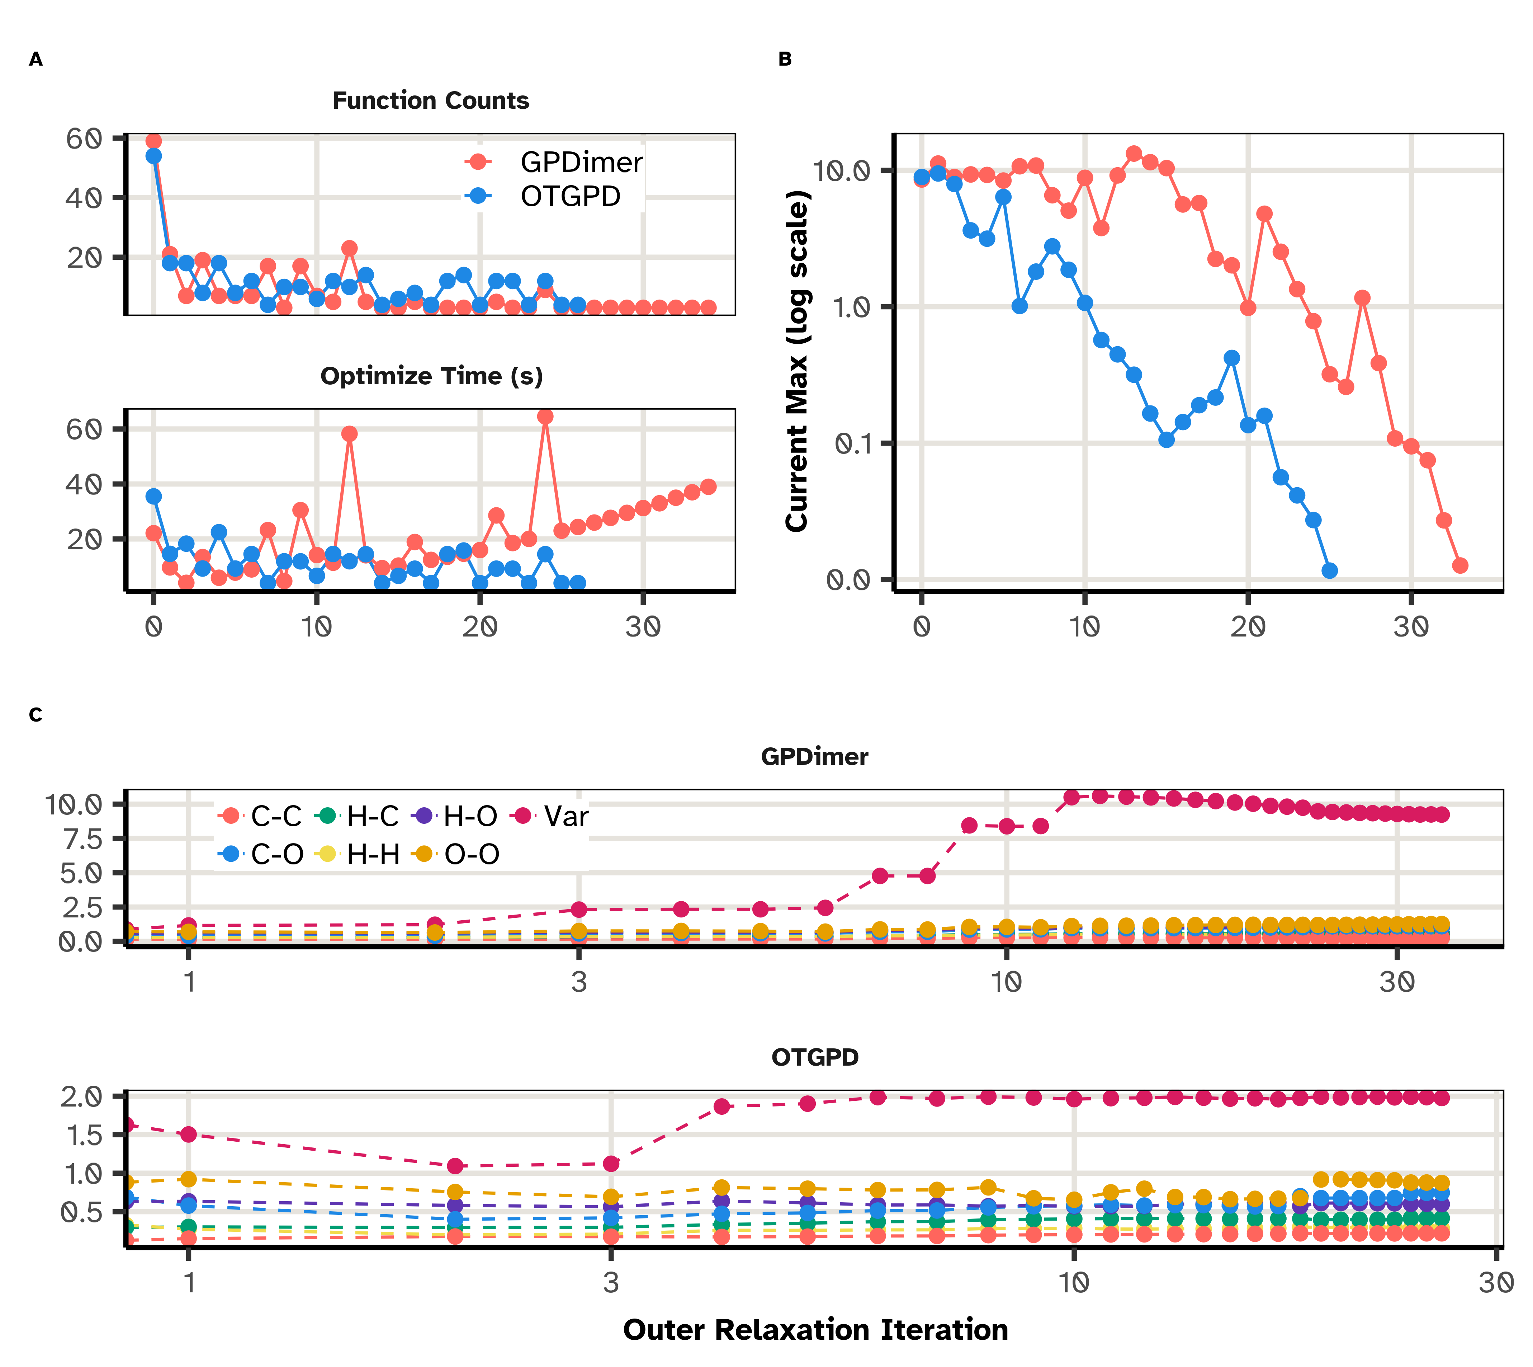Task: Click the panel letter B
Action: [x=785, y=59]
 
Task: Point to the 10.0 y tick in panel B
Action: [x=842, y=170]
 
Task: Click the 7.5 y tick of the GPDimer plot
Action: [x=82, y=838]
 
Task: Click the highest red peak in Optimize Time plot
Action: [x=546, y=417]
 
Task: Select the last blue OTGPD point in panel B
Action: [x=1330, y=571]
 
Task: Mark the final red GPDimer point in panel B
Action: [x=1460, y=565]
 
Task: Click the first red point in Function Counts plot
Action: [x=154, y=141]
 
